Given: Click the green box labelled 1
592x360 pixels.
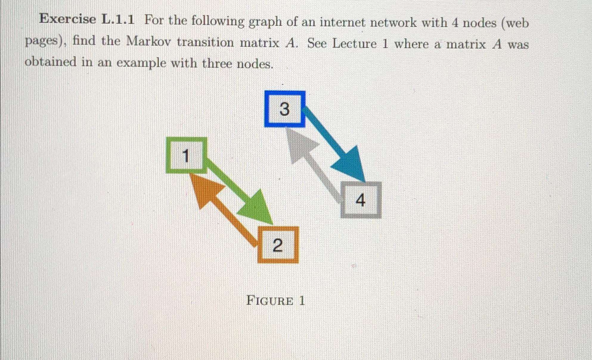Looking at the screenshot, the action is [186, 155].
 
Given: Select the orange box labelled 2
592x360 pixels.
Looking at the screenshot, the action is [278, 245].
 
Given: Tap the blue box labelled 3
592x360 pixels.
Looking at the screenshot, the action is [285, 109].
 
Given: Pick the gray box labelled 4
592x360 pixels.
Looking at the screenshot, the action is [361, 200].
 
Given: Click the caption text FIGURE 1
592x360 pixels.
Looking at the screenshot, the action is [275, 301].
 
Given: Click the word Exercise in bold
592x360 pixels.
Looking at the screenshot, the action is [68, 19].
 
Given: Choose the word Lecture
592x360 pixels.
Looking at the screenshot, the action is [354, 44].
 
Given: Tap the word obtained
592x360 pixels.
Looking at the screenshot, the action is [50, 62].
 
